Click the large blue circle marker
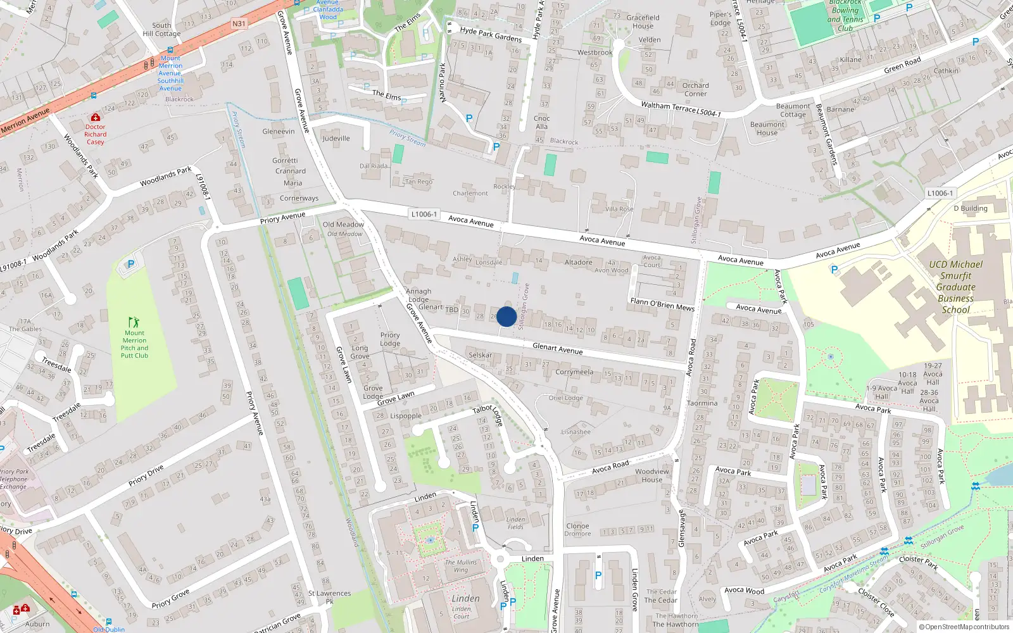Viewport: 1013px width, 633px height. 506,316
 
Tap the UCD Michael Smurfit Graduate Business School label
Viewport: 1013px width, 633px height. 955,287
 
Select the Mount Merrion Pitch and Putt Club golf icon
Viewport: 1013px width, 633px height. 134,322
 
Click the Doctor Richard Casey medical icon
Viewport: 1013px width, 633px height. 95,117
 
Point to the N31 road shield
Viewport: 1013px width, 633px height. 239,24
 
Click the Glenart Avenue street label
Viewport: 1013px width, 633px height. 557,348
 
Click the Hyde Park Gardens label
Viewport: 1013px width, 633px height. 491,34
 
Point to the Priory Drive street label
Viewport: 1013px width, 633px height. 146,475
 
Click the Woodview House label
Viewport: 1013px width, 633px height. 651,475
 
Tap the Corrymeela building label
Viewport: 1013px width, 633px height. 574,372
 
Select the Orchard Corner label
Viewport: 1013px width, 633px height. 695,89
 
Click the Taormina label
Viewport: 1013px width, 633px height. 702,403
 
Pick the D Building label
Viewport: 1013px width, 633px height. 970,208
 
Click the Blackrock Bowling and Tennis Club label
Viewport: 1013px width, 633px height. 845,15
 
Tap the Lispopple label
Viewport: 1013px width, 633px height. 406,416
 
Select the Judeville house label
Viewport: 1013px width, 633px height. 336,139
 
